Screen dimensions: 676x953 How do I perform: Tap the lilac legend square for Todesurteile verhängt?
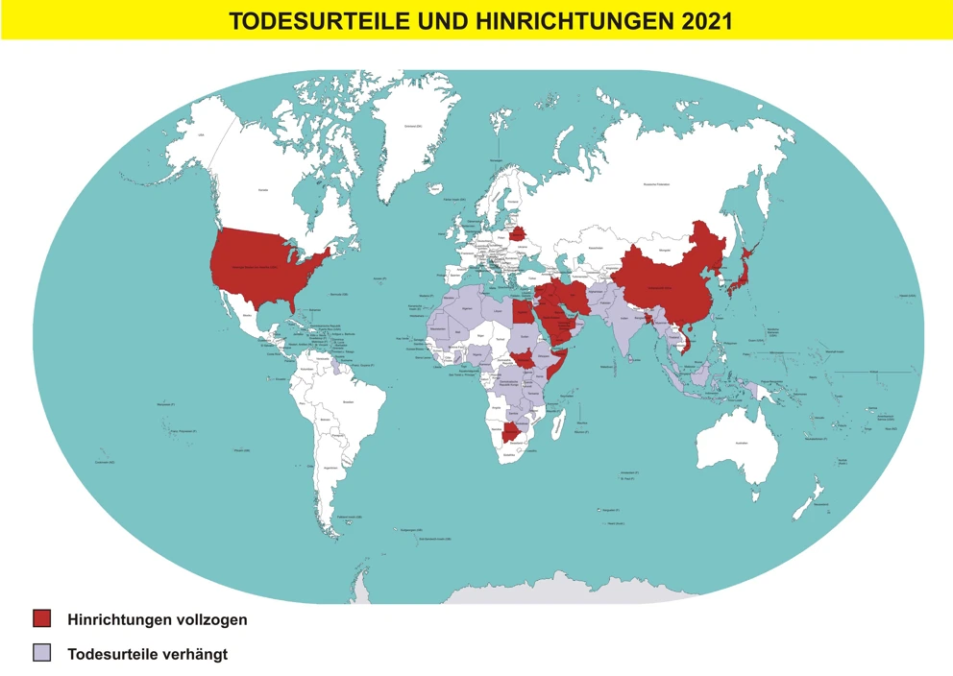tap(41, 654)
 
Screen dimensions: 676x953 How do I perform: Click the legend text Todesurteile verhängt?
tap(147, 654)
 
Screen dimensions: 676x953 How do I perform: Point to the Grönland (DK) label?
tap(414, 126)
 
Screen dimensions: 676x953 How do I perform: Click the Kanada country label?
tap(261, 191)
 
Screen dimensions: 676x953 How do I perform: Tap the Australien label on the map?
tap(741, 443)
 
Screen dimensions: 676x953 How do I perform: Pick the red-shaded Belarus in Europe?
tap(517, 233)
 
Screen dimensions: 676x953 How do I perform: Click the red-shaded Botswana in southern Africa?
tap(511, 433)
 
